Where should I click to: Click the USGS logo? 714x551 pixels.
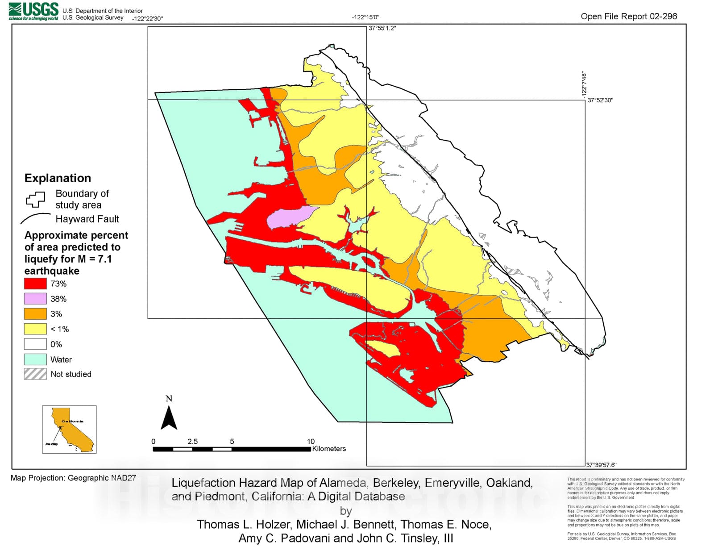tap(33, 11)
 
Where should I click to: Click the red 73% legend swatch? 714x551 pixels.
tap(35, 284)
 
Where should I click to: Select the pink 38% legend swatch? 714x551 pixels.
tap(35, 299)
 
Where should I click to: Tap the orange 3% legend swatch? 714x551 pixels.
tap(35, 314)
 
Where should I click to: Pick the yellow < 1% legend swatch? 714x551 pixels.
tap(35, 329)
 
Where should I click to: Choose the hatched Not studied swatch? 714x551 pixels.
tap(35, 374)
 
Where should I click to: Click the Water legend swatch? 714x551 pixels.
tap(35, 359)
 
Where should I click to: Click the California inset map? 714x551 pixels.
tap(69, 429)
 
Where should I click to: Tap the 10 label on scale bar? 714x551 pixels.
tap(311, 441)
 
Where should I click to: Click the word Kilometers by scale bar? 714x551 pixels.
tap(329, 449)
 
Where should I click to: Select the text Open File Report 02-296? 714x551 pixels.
tap(628, 17)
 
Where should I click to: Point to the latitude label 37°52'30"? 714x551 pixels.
tap(600, 100)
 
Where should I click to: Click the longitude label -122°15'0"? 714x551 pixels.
tap(365, 17)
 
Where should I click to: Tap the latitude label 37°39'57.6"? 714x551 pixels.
tap(601, 465)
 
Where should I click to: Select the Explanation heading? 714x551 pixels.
tap(58, 178)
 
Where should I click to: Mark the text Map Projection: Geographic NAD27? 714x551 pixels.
tap(73, 478)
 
